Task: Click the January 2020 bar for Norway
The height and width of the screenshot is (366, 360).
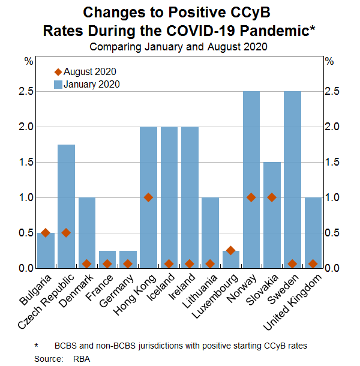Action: [251, 180]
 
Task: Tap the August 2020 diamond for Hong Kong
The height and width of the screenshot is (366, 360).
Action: [148, 197]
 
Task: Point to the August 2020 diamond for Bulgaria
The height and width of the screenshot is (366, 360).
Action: [46, 233]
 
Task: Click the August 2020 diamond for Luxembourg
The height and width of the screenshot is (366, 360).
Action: [230, 250]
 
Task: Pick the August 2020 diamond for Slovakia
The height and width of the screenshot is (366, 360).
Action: [272, 197]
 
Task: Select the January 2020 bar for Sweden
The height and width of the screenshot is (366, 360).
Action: [292, 180]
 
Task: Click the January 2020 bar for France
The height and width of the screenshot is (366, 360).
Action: [107, 259]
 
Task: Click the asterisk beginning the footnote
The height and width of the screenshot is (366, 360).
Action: [35, 346]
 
